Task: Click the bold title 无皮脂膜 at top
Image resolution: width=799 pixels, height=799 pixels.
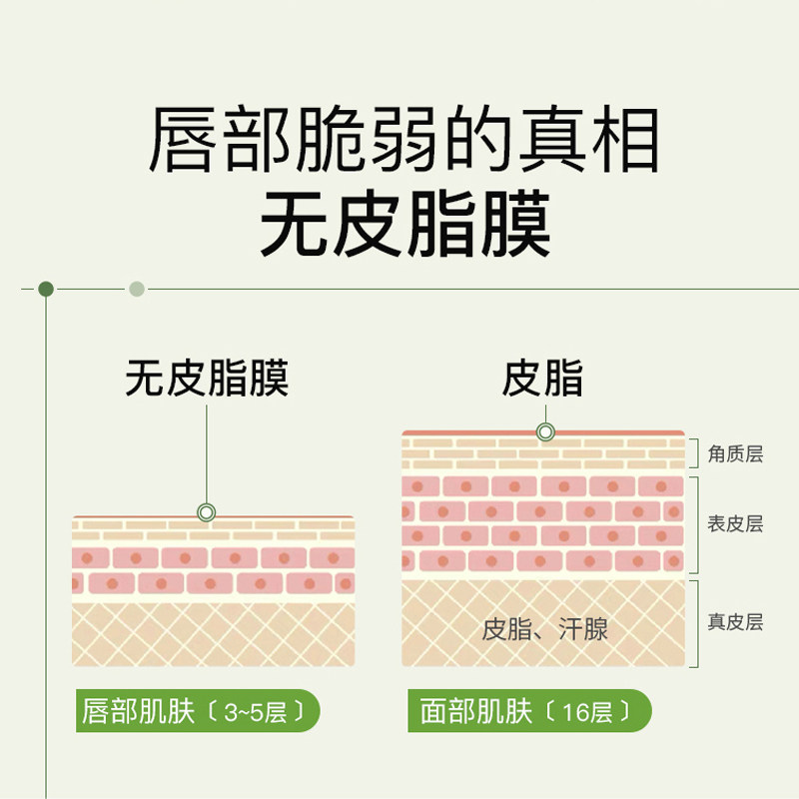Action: tap(403, 225)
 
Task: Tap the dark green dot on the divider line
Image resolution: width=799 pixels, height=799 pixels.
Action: tap(46, 290)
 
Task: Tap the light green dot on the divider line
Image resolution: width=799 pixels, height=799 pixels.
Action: tap(137, 290)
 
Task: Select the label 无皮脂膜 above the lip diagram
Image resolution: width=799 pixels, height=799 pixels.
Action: tap(207, 380)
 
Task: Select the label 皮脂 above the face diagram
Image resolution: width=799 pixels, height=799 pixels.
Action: tap(543, 380)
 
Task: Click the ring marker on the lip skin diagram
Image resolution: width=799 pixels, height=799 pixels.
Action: tap(207, 512)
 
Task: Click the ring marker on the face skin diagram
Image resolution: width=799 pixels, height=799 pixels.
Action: tap(545, 432)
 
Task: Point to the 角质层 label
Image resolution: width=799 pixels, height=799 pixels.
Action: tap(735, 454)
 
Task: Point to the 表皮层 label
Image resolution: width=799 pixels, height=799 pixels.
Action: tap(735, 524)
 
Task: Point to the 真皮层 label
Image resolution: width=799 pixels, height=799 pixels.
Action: tap(735, 622)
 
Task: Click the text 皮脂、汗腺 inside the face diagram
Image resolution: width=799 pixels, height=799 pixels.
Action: tap(545, 629)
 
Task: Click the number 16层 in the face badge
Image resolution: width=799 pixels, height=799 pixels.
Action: tap(585, 712)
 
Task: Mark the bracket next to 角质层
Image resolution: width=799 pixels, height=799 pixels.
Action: tap(694, 452)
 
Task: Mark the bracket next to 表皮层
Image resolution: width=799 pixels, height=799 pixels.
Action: tap(694, 525)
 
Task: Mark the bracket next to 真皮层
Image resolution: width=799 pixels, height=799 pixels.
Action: tap(694, 622)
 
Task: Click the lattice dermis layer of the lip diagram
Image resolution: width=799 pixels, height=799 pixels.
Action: tap(213, 633)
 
